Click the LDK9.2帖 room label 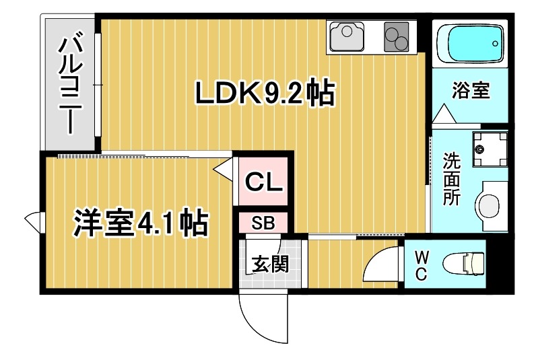pyautogui.click(x=265, y=94)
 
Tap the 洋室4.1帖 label pyautogui.click(x=140, y=223)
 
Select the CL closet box pyautogui.click(x=263, y=180)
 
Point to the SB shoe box pyautogui.click(x=263, y=223)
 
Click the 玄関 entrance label pyautogui.click(x=269, y=264)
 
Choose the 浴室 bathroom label pyautogui.click(x=470, y=91)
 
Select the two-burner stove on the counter pyautogui.click(x=396, y=37)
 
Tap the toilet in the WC pyautogui.click(x=465, y=263)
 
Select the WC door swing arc pyautogui.click(x=380, y=266)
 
